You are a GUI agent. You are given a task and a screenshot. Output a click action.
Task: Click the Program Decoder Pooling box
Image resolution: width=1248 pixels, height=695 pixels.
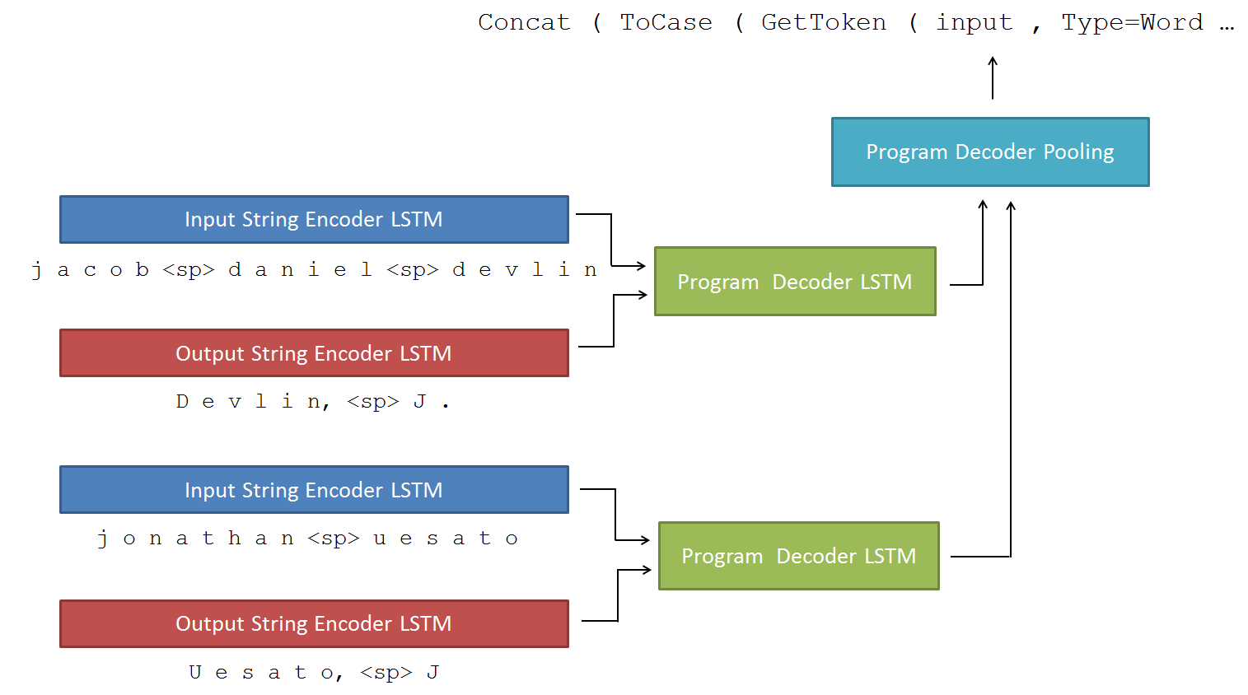[x=989, y=152]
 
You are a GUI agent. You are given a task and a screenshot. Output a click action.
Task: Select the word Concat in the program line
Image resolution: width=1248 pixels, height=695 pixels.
[x=524, y=22]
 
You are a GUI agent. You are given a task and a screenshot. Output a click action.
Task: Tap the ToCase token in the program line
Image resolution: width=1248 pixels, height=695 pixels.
[x=666, y=22]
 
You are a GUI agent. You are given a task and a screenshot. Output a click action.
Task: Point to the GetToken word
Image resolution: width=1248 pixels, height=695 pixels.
[x=824, y=22]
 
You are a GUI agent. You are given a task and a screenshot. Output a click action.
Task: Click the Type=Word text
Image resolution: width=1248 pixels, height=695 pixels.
[x=1132, y=22]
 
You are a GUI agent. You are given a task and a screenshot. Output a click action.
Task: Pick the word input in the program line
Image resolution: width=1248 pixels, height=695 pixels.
[x=974, y=23]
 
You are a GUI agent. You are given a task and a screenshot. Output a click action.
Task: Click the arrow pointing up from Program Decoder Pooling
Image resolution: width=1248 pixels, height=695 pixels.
[x=993, y=77]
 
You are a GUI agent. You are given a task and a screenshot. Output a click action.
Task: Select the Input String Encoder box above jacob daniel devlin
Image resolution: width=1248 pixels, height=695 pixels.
[x=314, y=220]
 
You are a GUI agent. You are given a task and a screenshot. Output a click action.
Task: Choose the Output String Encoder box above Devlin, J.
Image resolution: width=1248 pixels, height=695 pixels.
[x=314, y=353]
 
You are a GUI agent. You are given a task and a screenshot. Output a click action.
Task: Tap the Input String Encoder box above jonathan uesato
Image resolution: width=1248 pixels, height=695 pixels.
[x=314, y=490]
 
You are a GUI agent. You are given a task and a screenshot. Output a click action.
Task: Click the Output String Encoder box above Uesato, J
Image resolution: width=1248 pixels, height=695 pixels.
[x=314, y=623]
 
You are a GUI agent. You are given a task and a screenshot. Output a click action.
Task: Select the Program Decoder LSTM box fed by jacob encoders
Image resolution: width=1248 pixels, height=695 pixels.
[x=795, y=282]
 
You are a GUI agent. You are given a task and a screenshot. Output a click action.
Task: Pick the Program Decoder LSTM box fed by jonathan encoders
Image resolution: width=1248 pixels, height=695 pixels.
[x=798, y=556]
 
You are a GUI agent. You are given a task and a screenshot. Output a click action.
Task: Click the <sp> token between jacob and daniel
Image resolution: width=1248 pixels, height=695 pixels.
[x=189, y=270]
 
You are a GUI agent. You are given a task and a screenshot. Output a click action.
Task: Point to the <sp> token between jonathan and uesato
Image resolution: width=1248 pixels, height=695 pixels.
[x=334, y=539]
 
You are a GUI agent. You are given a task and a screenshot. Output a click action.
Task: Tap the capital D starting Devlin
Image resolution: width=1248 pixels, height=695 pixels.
[x=182, y=401]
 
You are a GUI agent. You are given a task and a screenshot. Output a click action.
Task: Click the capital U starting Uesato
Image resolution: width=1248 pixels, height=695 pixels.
[x=195, y=672]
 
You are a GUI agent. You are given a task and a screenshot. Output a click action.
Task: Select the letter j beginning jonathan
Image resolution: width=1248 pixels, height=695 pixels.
[x=103, y=539]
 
